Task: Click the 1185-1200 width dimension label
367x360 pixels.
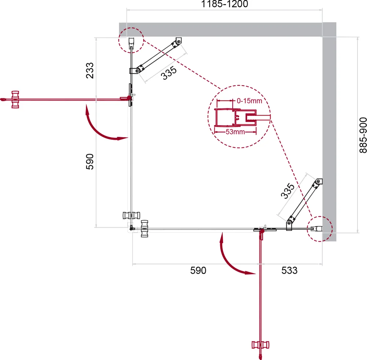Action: click(x=225, y=4)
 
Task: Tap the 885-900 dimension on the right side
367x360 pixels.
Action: click(x=363, y=135)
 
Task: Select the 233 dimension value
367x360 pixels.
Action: click(x=90, y=70)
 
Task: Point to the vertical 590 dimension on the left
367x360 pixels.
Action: click(x=90, y=161)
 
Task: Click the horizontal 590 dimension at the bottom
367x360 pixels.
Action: click(x=198, y=270)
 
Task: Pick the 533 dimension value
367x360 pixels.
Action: click(x=289, y=270)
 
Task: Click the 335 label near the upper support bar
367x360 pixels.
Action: click(x=169, y=73)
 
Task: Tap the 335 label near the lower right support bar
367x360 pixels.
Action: click(x=287, y=191)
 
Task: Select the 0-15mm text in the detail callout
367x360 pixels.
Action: click(x=249, y=101)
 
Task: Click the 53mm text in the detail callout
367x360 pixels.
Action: click(x=235, y=132)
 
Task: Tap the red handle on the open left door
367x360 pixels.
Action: click(x=15, y=100)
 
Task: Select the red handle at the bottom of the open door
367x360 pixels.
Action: click(x=261, y=345)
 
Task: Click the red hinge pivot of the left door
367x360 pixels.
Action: click(x=129, y=98)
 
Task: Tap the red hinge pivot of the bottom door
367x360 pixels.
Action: click(x=262, y=231)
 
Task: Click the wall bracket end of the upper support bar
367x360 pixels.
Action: click(x=178, y=41)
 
